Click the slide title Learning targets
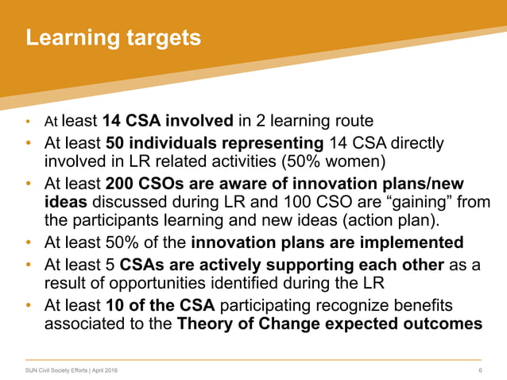tap(113, 37)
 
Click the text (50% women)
tap(330, 163)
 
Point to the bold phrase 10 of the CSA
tap(158, 306)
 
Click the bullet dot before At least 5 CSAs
tap(29, 266)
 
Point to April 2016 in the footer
tap(106, 370)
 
